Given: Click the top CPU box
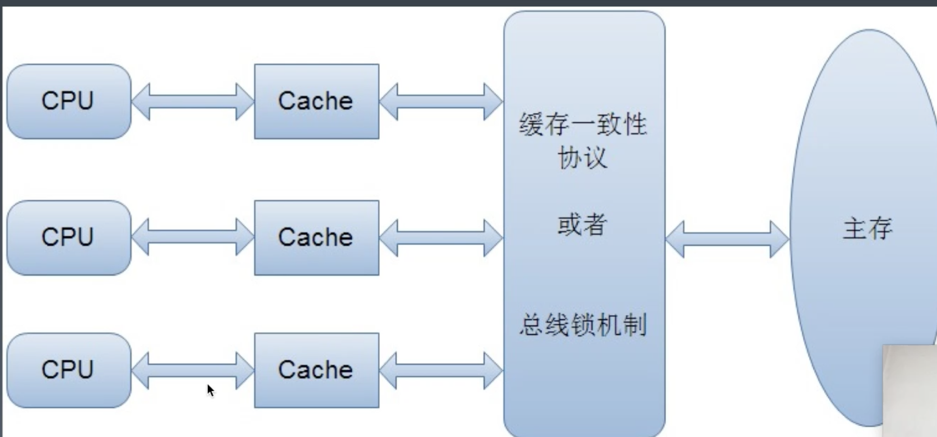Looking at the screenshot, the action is pyautogui.click(x=69, y=101).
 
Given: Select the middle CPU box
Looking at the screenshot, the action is pyautogui.click(x=69, y=238).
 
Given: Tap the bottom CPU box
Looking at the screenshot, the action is pyautogui.click(x=69, y=370).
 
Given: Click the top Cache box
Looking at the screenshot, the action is pyautogui.click(x=317, y=101).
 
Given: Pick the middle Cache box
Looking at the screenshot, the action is pyautogui.click(x=317, y=238).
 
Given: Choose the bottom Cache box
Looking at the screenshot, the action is pyautogui.click(x=317, y=370).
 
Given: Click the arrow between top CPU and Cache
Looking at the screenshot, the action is pyautogui.click(x=193, y=102).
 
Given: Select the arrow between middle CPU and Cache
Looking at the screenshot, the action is pyautogui.click(x=193, y=237).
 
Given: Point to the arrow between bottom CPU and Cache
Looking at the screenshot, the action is pyautogui.click(x=193, y=371).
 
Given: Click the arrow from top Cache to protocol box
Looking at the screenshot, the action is pyautogui.click(x=441, y=102).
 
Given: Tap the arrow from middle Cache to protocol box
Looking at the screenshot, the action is pyautogui.click(x=441, y=238).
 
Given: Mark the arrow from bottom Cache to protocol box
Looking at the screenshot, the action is pyautogui.click(x=441, y=371).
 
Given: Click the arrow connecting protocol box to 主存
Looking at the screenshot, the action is pyautogui.click(x=727, y=239).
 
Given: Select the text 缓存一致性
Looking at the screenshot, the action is pyautogui.click(x=583, y=124).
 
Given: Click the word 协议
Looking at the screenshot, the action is pyautogui.click(x=583, y=157).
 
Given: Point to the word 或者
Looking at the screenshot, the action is pyautogui.click(x=583, y=224).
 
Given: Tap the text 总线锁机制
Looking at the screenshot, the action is pyautogui.click(x=583, y=325).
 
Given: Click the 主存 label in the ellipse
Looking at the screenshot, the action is pyautogui.click(x=867, y=228).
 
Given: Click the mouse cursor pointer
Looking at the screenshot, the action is pyautogui.click(x=210, y=391).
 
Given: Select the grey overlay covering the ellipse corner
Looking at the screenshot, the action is pyautogui.click(x=909, y=391).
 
